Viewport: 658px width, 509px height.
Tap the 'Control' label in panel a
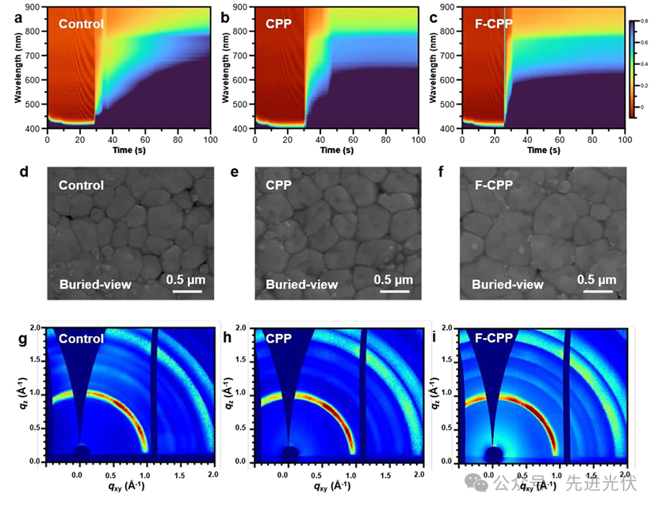click(81, 24)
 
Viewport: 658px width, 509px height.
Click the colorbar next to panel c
click(632, 68)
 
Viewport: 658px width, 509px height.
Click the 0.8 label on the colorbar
click(644, 23)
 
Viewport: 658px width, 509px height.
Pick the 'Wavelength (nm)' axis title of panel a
click(17, 68)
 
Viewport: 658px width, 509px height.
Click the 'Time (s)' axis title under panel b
click(335, 150)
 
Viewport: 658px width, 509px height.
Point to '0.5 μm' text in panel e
click(394, 279)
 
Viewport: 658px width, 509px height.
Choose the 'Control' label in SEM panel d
click(81, 186)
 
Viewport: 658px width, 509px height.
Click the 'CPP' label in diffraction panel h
click(280, 339)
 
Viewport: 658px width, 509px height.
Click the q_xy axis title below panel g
click(128, 487)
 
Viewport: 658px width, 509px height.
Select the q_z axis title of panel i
click(434, 394)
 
